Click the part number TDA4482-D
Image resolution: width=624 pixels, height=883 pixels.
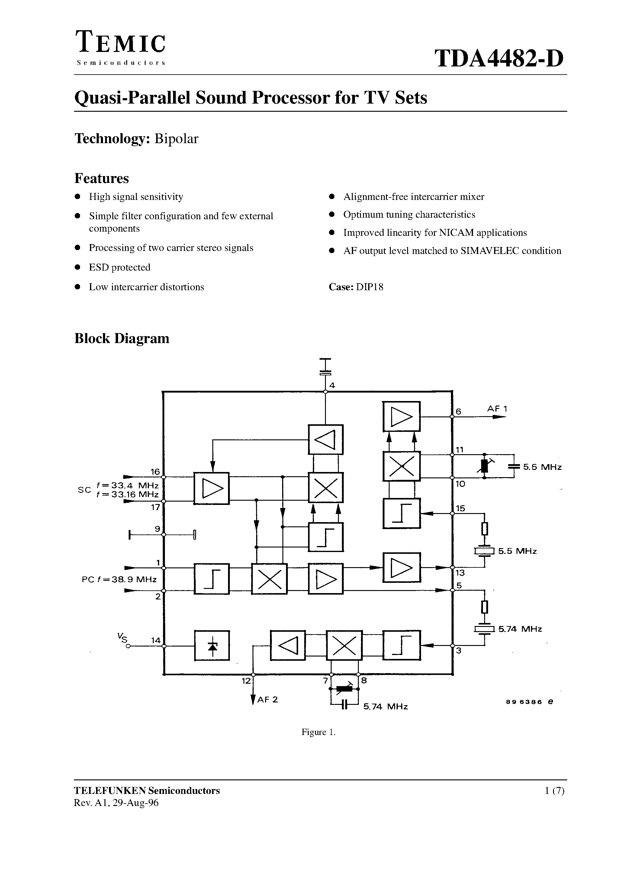point(499,59)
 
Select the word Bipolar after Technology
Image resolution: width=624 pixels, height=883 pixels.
point(176,139)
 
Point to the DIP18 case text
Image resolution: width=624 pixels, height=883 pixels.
point(369,287)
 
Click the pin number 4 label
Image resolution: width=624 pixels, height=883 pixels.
point(332,385)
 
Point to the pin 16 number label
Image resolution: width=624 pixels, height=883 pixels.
point(155,471)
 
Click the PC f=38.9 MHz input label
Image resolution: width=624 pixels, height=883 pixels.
point(119,580)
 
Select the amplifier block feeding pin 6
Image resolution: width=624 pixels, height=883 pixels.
point(401,416)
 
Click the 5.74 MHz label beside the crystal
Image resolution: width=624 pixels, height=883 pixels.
point(520,629)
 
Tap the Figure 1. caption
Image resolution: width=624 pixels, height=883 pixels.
point(318,732)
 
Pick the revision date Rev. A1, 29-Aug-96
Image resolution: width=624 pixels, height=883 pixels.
point(116,803)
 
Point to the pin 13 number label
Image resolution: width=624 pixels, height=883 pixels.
point(460,573)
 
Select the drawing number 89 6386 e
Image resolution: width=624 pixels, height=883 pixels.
point(530,702)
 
